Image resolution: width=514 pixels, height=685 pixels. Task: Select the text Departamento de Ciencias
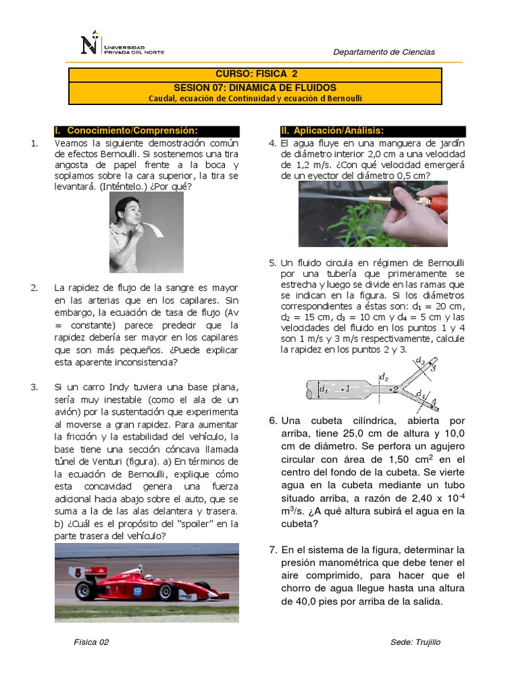tap(383, 52)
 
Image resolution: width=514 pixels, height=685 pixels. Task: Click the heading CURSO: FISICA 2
tap(254, 75)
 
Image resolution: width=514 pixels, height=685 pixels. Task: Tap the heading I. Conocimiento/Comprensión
tap(126, 131)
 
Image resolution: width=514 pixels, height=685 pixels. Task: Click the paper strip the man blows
tap(156, 229)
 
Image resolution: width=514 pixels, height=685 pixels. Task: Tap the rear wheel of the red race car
tap(86, 590)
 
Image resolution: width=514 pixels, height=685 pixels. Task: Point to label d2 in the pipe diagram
tap(383, 377)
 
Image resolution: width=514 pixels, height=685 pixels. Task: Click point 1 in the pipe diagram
tap(346, 387)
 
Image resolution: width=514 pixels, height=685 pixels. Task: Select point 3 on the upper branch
tap(432, 367)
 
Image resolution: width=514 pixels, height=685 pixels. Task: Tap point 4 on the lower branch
tap(434, 402)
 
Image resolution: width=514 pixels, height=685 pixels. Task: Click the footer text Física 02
tap(91, 642)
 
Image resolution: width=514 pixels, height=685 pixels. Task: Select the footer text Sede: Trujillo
tap(415, 642)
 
